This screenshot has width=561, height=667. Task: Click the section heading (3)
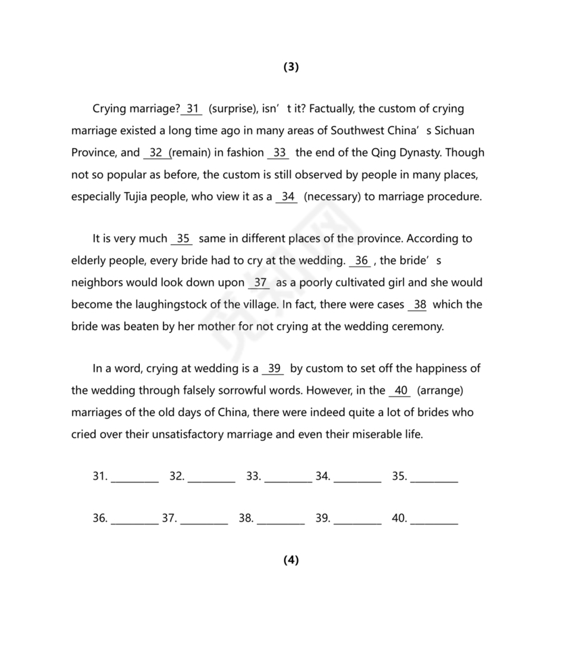[x=291, y=66]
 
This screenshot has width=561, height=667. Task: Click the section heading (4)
[x=291, y=559]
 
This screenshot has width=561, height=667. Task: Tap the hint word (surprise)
[x=232, y=108]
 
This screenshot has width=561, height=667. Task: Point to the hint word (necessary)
[x=337, y=197]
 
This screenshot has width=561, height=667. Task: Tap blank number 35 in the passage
[x=182, y=239]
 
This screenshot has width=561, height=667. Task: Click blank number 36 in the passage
[x=361, y=261]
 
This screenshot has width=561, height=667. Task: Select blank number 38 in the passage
[x=419, y=304]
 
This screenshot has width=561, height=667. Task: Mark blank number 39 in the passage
[x=273, y=369]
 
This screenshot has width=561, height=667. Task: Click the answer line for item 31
[x=135, y=478]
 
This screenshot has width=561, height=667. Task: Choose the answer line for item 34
[x=358, y=478]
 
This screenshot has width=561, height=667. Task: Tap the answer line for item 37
[x=204, y=520]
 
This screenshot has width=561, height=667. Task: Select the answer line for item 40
[x=434, y=520]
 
